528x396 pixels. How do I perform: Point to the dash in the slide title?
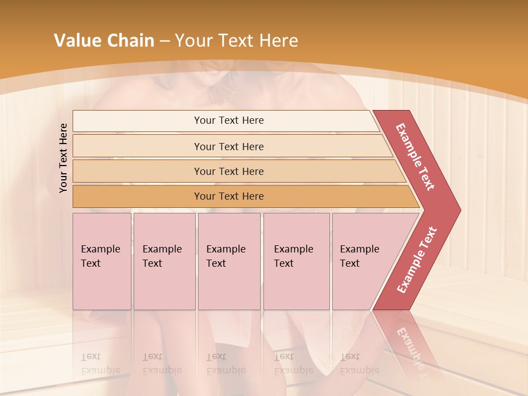point(164,41)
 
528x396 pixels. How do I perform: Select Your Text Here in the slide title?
point(237,41)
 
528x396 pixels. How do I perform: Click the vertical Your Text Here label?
point(63,158)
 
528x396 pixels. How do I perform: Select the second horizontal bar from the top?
point(228,146)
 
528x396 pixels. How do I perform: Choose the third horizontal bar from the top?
point(228,171)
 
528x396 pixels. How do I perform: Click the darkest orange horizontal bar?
point(228,196)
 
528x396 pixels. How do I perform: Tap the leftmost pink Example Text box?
point(102,261)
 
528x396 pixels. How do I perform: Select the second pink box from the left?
point(164,261)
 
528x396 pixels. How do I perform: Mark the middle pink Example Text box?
point(229,261)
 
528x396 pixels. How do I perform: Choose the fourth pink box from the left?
point(296,261)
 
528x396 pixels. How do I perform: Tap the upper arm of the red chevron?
point(416,157)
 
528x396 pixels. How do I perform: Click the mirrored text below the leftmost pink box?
point(100,364)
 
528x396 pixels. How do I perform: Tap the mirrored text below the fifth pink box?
point(359,364)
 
